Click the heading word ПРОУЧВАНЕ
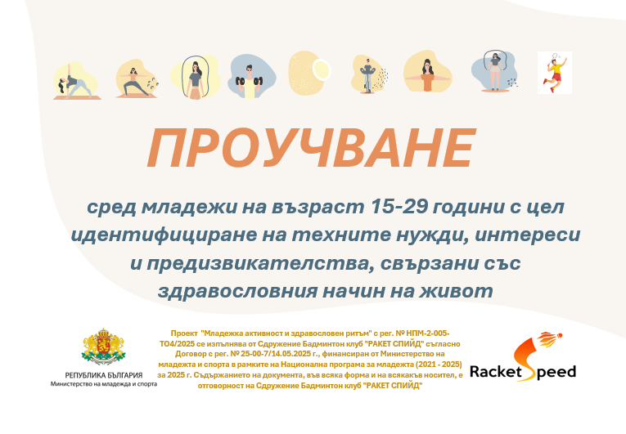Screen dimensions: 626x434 312,148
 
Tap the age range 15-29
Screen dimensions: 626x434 399,207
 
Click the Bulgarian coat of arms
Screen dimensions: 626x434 103,347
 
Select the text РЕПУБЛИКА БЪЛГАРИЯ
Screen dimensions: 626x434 104,375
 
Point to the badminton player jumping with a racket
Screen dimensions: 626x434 555,73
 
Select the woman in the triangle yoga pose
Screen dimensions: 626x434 74,82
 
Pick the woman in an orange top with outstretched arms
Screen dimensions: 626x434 428,75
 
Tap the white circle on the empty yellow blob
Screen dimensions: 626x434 321,69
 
